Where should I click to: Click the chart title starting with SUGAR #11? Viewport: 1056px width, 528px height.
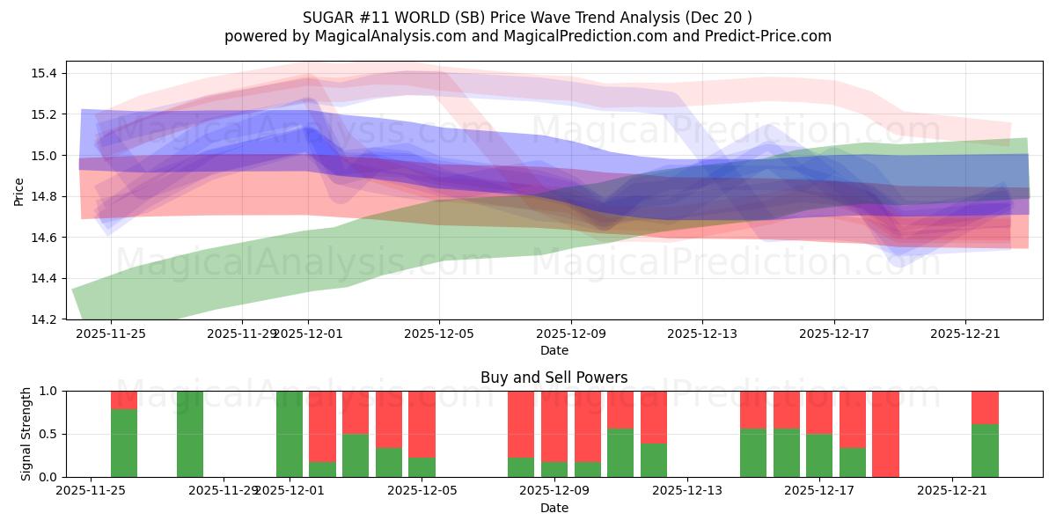(527, 18)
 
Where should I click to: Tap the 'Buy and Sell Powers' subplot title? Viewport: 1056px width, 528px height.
(554, 378)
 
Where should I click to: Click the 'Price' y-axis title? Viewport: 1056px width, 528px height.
(18, 190)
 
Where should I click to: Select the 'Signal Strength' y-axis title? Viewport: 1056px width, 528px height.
(26, 433)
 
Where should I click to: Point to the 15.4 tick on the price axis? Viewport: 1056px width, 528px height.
(41, 73)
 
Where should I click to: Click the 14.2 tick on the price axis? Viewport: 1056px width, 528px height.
(41, 319)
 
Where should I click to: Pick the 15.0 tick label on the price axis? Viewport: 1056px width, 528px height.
(41, 156)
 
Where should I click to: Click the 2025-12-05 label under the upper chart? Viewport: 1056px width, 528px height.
(439, 334)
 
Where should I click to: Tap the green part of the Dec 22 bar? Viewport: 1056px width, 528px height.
(985, 451)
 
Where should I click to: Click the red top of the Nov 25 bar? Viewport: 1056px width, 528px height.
(124, 400)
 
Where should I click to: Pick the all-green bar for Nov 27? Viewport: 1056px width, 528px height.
(190, 434)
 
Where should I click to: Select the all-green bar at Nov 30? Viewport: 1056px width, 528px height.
(290, 434)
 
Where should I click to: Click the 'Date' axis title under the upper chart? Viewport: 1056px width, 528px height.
(554, 350)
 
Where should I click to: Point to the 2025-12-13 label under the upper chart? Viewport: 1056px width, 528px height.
(702, 334)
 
